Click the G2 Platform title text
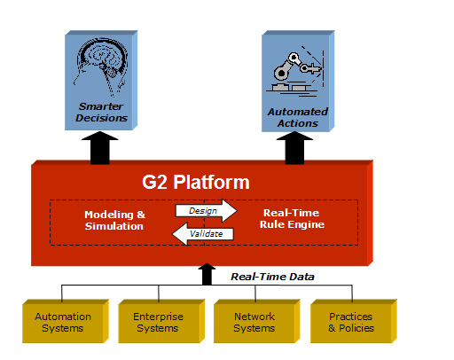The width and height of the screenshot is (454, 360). coord(196,182)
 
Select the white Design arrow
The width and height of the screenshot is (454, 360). coord(207,211)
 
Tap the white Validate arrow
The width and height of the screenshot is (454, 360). coord(203,234)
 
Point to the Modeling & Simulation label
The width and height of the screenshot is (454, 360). coord(114,220)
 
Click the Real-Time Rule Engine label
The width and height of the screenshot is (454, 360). coord(292,218)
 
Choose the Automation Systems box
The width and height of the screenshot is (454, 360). coord(66,321)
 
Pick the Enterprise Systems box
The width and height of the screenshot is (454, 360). coord(161,321)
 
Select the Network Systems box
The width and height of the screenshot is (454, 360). coord(257,321)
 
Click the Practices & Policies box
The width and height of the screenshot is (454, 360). coord(354,321)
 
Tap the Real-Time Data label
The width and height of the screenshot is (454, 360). coord(272,277)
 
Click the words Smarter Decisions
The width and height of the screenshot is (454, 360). coord(101,112)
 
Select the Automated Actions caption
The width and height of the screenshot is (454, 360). coord(298,117)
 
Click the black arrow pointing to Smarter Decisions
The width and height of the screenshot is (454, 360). coord(100,148)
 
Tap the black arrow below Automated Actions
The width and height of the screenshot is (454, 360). coord(294,148)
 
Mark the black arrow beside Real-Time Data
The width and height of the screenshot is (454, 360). coord(207,274)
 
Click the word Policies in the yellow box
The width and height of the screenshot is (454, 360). coord(356,328)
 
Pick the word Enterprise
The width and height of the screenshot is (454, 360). coord(158,317)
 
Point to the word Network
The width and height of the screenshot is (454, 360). coord(254,317)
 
